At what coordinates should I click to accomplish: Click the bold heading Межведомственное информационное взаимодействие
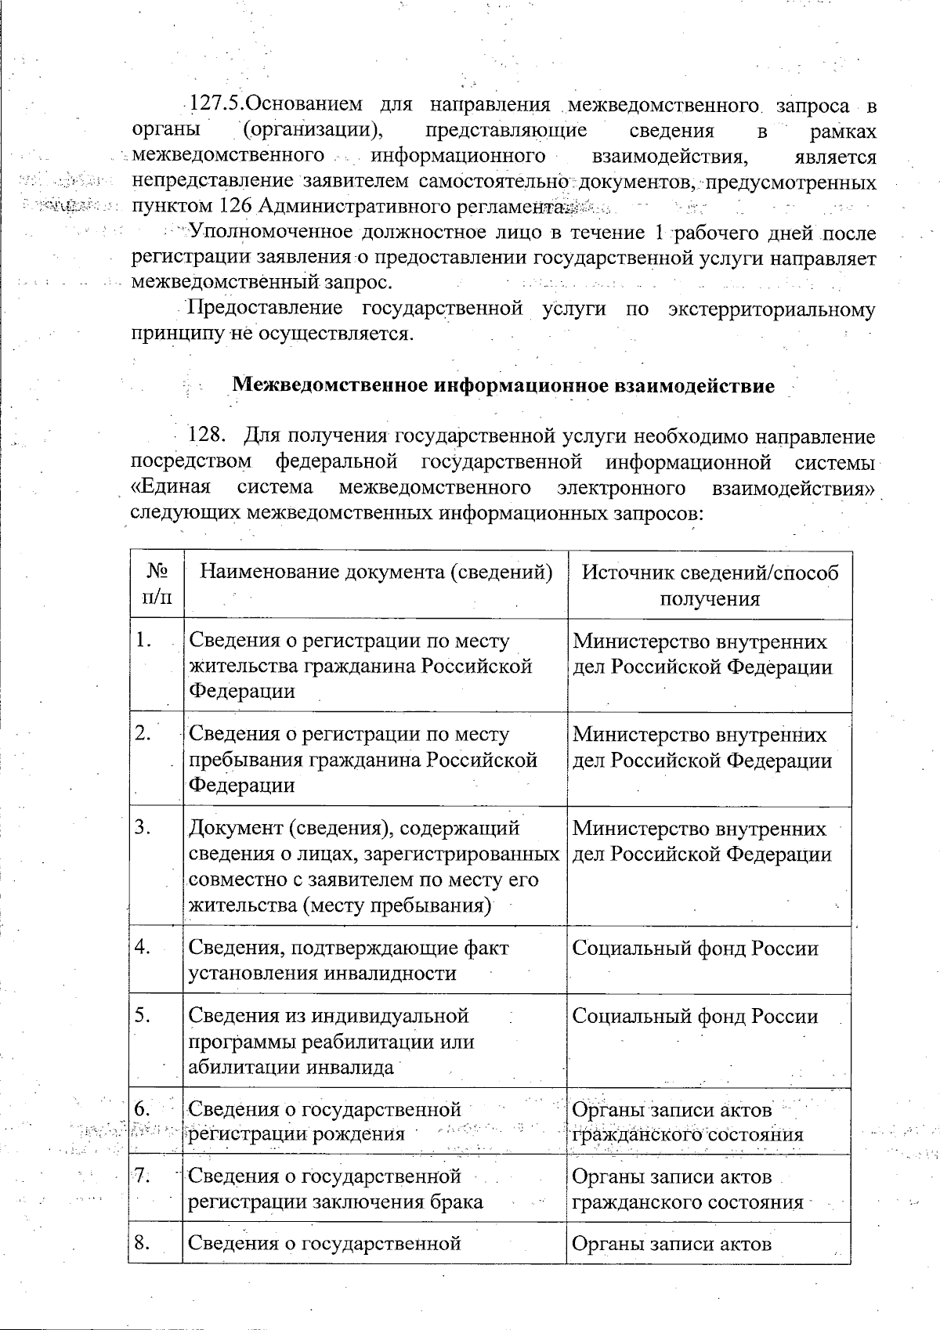[x=504, y=385]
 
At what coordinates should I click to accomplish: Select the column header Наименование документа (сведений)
[x=374, y=572]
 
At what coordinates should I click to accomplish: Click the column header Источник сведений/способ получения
[x=710, y=585]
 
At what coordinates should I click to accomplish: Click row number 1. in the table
[x=143, y=641]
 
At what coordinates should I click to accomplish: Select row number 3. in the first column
[x=143, y=828]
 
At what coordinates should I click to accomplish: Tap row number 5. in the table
[x=143, y=1016]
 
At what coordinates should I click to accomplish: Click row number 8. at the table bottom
[x=143, y=1243]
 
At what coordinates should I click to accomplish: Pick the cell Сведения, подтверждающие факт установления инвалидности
[x=349, y=960]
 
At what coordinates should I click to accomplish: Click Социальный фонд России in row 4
[x=696, y=949]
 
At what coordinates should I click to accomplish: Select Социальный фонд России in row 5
[x=696, y=1017]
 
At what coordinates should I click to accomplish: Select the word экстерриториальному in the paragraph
[x=772, y=309]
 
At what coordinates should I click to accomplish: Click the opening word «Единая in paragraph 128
[x=171, y=486]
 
